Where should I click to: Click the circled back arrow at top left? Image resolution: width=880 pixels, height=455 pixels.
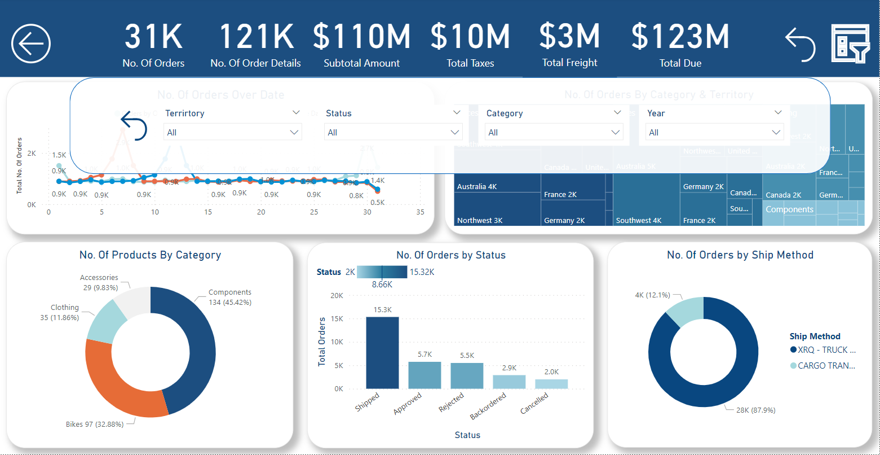(30, 43)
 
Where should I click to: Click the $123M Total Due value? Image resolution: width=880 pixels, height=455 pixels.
(680, 36)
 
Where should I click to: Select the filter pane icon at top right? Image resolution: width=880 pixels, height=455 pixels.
(850, 43)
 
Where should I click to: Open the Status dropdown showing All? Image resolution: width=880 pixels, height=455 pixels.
(393, 132)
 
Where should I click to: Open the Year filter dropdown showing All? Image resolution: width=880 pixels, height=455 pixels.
(714, 132)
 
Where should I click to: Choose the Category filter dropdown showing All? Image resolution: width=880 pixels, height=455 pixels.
(554, 132)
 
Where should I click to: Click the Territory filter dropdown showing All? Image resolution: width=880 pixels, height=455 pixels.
(232, 132)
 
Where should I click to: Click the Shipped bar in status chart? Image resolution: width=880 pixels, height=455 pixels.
(382, 353)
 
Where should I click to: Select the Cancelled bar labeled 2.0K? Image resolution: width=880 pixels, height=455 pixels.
(551, 384)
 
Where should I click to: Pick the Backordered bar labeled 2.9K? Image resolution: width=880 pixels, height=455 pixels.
(509, 382)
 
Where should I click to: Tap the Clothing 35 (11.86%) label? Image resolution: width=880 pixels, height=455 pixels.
(64, 312)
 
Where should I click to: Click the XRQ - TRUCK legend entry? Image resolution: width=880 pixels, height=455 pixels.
(822, 350)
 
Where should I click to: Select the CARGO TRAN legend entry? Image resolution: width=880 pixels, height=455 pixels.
(822, 365)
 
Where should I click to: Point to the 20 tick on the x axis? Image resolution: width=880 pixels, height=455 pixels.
(261, 212)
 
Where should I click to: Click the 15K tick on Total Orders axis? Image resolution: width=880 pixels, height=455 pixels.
(337, 318)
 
